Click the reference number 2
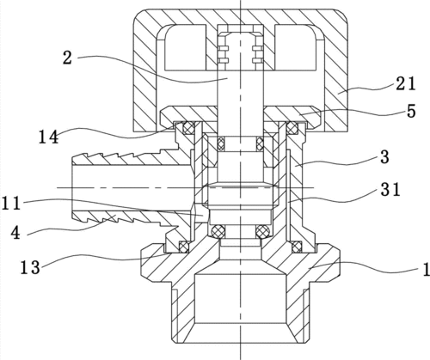click(x=67, y=58)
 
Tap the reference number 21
click(x=405, y=84)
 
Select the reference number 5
click(x=411, y=111)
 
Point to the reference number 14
click(x=49, y=137)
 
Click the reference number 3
click(x=384, y=157)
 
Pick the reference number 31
click(x=390, y=189)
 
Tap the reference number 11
click(x=11, y=204)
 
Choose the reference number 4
click(x=15, y=233)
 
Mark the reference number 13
click(x=30, y=268)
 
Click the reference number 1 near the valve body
click(x=426, y=270)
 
